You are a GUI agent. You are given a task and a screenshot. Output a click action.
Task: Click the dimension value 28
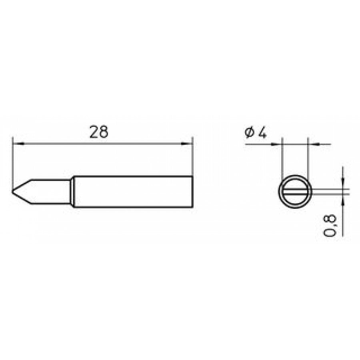tap(99, 132)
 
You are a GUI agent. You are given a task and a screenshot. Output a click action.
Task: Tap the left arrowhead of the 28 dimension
tap(17, 143)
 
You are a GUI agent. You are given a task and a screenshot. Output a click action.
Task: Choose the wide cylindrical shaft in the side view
tap(132, 192)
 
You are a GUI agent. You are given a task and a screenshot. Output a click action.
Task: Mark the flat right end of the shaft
tap(193, 192)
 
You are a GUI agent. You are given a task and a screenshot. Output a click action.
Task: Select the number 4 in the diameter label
tap(262, 133)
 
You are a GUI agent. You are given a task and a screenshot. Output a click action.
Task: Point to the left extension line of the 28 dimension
tap(13, 160)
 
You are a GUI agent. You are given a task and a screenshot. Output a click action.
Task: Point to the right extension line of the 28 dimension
tap(193, 158)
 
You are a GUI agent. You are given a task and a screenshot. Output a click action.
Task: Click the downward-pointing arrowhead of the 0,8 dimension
tap(343, 184)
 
